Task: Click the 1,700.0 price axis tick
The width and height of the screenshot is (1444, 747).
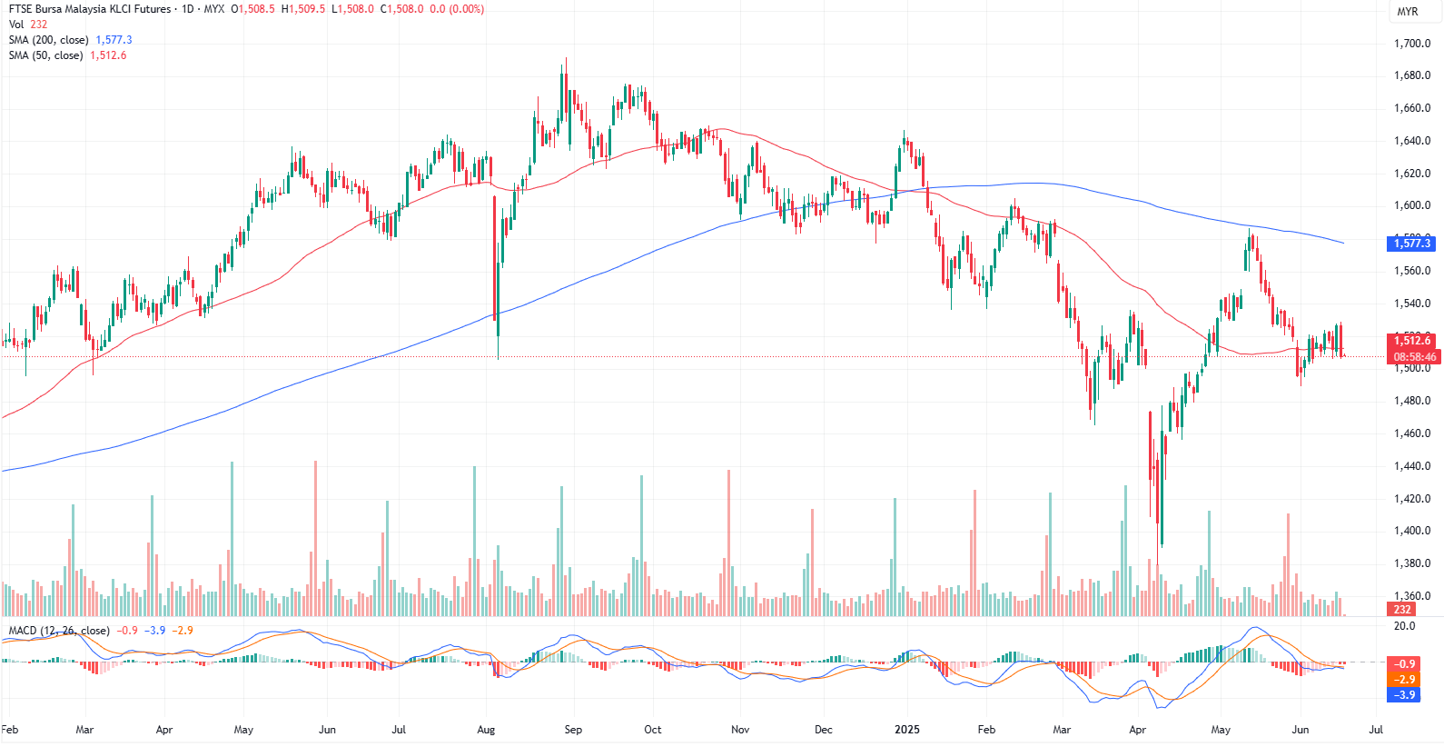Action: (x=1411, y=44)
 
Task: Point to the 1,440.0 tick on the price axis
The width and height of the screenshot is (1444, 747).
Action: (x=1411, y=466)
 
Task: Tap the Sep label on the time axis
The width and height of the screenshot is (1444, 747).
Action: (x=573, y=730)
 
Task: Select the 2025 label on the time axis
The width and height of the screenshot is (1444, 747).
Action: (x=906, y=730)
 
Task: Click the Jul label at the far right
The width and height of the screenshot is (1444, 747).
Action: (x=1376, y=730)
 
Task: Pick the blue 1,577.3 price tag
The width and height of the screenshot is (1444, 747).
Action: (x=1412, y=243)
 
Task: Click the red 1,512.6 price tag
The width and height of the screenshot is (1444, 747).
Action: (x=1412, y=341)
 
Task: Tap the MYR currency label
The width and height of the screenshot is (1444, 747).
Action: (x=1408, y=12)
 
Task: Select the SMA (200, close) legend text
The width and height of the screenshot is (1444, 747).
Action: (x=49, y=40)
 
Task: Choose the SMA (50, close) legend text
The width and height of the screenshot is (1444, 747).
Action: (x=45, y=55)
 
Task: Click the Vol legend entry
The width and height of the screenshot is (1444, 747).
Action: (x=16, y=25)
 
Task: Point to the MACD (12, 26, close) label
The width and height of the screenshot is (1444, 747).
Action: (x=59, y=631)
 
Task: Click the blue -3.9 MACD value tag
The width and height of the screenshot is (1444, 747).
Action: (x=1404, y=695)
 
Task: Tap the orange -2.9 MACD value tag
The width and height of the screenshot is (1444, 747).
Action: (x=1404, y=680)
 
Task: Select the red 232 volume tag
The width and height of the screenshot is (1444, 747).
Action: (x=1402, y=610)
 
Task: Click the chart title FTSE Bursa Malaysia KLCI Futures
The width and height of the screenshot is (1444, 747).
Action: (x=90, y=9)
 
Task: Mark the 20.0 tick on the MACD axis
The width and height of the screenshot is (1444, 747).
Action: (x=1404, y=626)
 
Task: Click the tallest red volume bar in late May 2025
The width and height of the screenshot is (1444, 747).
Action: (x=1288, y=563)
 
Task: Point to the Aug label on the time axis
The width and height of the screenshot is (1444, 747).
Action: (x=486, y=730)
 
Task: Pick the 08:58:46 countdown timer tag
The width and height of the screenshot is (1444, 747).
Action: (x=1415, y=357)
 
